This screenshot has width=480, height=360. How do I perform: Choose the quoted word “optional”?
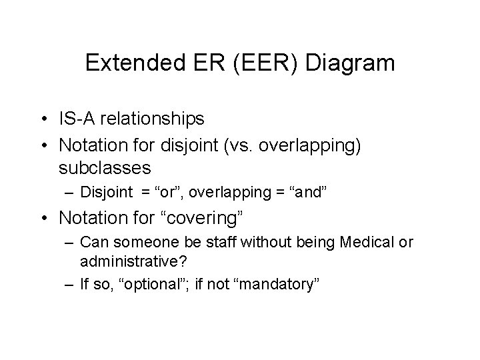149,285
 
